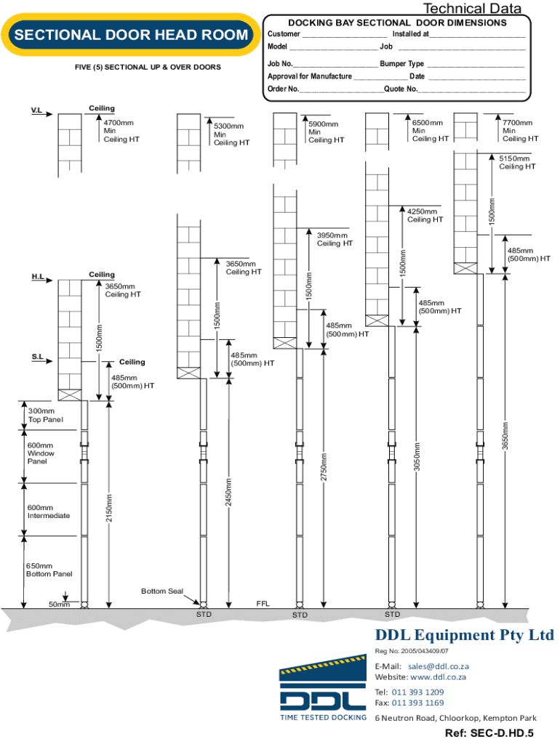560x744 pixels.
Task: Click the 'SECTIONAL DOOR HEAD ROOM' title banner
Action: click(131, 35)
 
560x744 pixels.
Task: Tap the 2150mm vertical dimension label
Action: click(109, 508)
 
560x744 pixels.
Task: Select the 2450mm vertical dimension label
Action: click(228, 492)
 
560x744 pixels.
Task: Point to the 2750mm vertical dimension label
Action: click(324, 467)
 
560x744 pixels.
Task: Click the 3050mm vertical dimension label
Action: click(416, 456)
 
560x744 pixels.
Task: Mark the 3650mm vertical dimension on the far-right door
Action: click(505, 436)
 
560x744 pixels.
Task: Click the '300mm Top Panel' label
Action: click(45, 415)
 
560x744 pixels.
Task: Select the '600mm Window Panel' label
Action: click(41, 453)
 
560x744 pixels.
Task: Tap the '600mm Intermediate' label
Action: click(49, 511)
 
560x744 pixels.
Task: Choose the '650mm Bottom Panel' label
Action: click(49, 570)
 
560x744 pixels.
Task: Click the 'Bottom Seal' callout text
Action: click(162, 591)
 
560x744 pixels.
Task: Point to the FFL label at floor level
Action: click(263, 604)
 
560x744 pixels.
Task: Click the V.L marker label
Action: click(36, 110)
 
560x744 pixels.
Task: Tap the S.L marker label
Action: click(38, 357)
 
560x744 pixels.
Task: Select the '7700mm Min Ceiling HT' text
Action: click(520, 131)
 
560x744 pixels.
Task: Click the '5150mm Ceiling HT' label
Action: click(517, 162)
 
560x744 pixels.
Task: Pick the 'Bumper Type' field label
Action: click(402, 64)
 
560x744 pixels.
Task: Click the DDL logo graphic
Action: click(323, 688)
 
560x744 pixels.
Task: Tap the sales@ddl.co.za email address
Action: click(439, 666)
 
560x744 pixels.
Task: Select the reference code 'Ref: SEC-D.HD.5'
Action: click(489, 732)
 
